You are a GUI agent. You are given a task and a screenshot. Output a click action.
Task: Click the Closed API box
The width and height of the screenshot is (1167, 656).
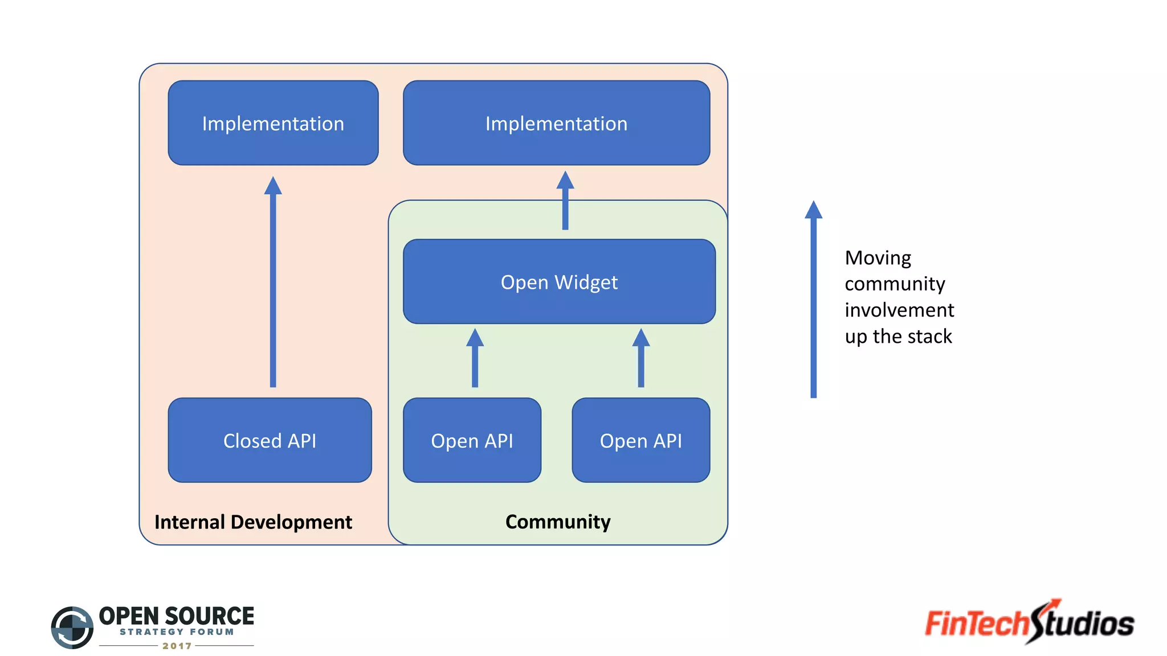270,440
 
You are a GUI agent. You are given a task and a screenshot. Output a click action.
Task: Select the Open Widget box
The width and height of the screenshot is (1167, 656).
559,282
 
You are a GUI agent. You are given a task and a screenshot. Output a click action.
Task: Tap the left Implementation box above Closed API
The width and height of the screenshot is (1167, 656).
273,123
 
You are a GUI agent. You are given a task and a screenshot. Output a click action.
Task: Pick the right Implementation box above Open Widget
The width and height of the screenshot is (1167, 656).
556,123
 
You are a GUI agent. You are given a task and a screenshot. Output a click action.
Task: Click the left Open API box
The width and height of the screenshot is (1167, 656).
472,440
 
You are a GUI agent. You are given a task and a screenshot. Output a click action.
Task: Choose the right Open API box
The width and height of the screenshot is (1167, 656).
640,440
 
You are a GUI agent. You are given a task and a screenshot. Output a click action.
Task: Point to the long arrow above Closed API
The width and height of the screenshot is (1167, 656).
273,285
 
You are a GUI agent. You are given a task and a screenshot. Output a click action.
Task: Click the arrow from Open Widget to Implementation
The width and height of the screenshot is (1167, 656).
565,202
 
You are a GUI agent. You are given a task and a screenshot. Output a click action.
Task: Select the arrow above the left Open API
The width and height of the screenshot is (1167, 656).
475,359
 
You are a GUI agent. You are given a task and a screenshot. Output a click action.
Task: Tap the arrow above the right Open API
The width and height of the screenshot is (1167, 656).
641,359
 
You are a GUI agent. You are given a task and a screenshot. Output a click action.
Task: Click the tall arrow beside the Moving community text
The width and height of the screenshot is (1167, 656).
813,302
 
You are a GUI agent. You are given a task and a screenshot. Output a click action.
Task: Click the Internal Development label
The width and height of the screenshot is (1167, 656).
253,522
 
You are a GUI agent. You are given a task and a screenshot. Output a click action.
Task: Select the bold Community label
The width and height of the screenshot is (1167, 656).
557,522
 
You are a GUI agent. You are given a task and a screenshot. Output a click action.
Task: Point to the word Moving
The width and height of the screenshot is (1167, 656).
878,258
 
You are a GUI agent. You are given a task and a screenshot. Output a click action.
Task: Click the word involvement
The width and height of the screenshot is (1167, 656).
899,310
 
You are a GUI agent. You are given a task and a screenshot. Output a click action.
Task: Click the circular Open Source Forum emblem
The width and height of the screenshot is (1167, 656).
72,627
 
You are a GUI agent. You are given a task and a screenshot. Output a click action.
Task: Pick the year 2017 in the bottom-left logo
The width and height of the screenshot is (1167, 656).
177,646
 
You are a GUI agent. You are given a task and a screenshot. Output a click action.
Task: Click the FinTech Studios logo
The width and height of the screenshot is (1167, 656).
1029,622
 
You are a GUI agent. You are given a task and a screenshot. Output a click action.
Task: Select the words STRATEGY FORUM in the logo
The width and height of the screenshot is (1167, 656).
177,632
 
